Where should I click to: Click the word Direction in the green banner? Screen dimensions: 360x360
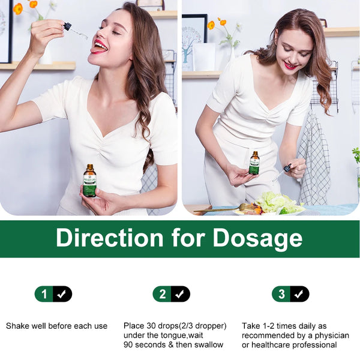tap(109, 238)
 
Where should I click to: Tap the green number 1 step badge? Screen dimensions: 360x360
tap(43, 294)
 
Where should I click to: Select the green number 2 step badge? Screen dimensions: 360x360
tap(162, 294)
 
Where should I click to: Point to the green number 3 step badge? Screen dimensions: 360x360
tap(281, 294)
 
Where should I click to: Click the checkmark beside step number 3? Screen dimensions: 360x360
tap(300, 294)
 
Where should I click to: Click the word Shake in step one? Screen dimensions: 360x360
tap(17, 326)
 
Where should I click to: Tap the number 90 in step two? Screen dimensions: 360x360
tap(128, 345)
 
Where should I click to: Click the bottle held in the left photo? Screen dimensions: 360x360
tap(89, 181)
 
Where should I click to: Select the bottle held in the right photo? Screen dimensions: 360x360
tap(254, 163)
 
